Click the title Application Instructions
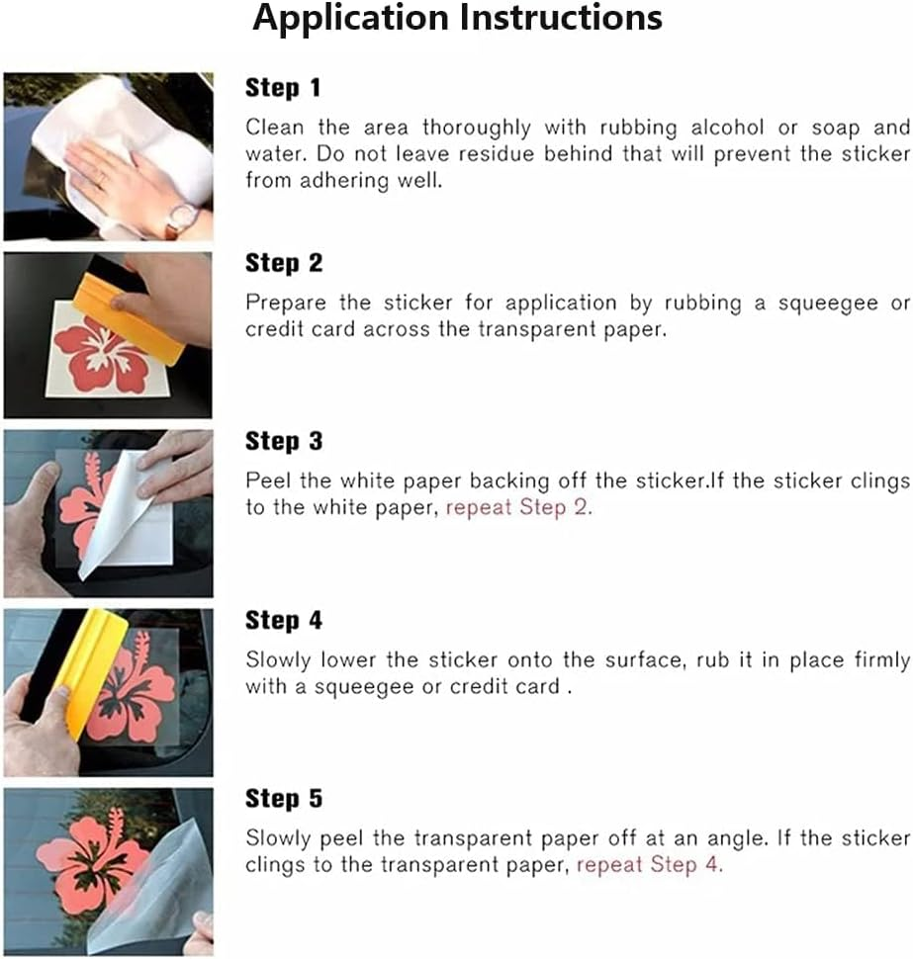[457, 19]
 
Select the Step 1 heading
[283, 88]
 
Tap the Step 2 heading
[283, 264]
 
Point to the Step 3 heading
[283, 441]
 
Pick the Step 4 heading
[283, 620]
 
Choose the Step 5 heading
[283, 798]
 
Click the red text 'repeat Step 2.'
[519, 507]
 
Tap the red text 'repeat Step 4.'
[650, 865]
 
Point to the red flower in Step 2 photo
[101, 359]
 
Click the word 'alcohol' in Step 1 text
[727, 128]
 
